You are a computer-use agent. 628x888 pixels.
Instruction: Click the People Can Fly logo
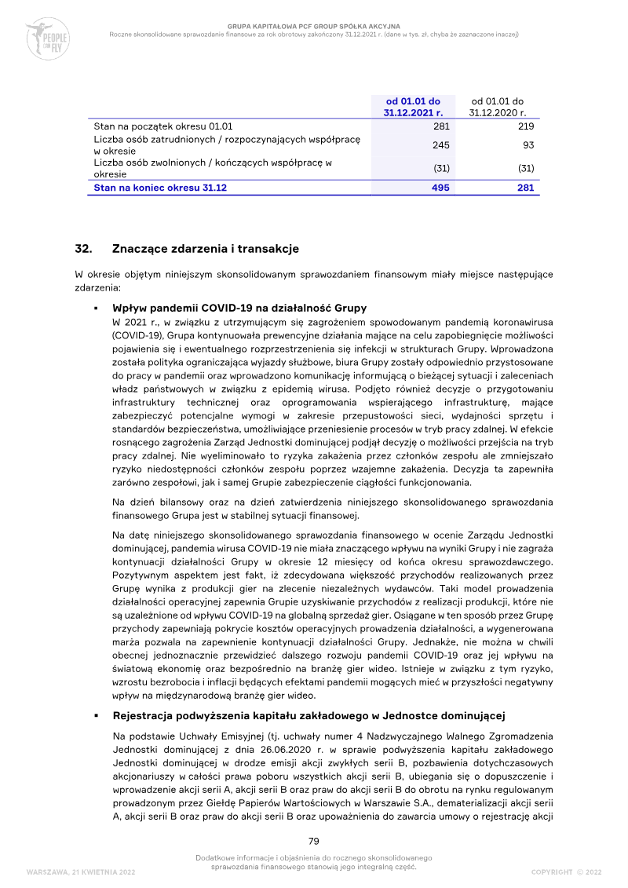click(47, 38)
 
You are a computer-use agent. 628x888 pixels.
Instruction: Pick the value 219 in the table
click(525, 126)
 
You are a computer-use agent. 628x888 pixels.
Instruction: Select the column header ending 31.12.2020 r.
click(497, 107)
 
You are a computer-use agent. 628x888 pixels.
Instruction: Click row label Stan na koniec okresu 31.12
click(160, 188)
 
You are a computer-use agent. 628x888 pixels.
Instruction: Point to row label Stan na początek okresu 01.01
click(162, 126)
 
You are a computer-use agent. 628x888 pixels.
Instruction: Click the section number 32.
click(83, 249)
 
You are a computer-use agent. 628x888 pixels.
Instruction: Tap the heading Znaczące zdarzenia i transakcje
click(206, 249)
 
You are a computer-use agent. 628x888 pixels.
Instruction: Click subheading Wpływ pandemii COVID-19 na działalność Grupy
click(239, 309)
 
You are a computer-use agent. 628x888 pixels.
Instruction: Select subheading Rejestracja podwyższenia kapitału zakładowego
click(308, 716)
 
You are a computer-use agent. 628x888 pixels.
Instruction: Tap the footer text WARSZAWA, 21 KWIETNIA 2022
click(81, 872)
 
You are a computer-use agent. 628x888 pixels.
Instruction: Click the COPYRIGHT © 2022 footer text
click(566, 872)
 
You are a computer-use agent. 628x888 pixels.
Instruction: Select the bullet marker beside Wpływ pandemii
click(96, 309)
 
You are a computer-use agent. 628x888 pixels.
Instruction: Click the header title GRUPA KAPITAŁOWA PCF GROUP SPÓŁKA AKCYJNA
click(313, 26)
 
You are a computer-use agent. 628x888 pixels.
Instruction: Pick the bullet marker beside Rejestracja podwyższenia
click(96, 716)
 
